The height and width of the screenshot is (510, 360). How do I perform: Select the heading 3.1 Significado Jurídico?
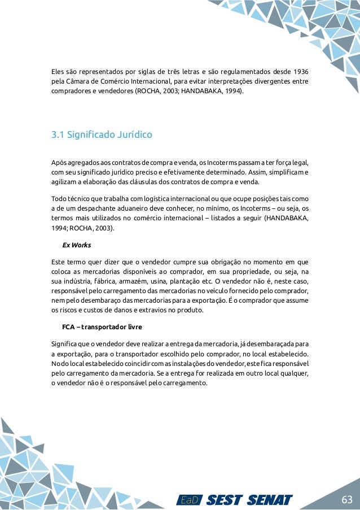coord(102,135)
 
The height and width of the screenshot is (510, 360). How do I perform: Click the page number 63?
coord(346,500)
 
